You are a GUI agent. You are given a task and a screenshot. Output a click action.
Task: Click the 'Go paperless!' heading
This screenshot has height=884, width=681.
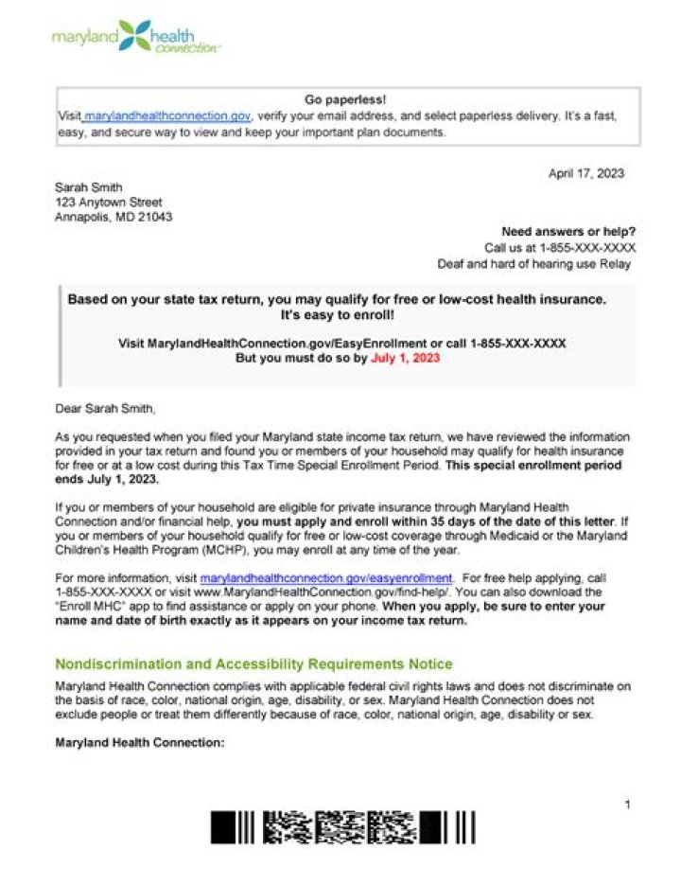tap(346, 99)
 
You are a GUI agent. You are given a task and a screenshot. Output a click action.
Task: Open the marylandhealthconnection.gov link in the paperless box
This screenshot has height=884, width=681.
tap(167, 115)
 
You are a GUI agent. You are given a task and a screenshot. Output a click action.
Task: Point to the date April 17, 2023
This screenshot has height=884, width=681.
tap(585, 173)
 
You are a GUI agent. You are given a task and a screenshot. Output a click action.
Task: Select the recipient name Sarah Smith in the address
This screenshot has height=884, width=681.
tap(89, 187)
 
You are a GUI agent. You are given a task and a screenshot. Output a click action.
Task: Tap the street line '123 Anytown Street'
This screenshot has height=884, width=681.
tap(108, 202)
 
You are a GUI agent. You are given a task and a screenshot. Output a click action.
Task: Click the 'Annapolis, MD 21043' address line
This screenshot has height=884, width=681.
tap(113, 217)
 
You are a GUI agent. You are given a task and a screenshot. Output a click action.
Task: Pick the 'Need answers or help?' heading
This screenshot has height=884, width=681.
tap(568, 232)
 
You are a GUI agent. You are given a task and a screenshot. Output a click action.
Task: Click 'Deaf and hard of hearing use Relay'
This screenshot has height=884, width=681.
tap(533, 264)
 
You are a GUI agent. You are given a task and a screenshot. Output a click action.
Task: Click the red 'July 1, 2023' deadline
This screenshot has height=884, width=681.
tap(405, 359)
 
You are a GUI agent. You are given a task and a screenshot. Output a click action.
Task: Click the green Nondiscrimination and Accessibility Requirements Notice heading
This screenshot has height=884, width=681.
tap(253, 664)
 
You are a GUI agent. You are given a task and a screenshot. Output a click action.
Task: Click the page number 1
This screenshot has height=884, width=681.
tap(627, 804)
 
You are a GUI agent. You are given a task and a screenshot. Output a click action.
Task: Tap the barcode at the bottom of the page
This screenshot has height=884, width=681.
tap(342, 826)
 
